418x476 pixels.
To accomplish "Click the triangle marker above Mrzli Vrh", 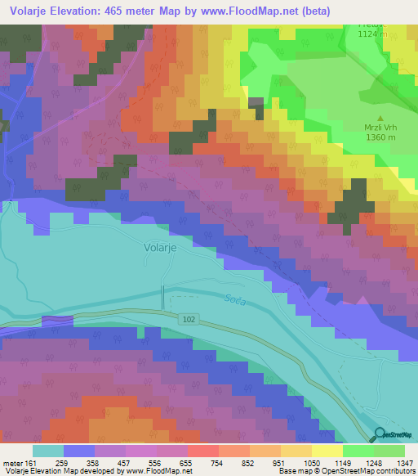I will [x=380, y=117].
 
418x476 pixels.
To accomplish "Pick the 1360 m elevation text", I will [x=381, y=137].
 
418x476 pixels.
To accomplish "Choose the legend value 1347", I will [x=394, y=462].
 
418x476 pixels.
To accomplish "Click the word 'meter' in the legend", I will [x=14, y=462].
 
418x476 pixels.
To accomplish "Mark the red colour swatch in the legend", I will [x=202, y=451].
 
